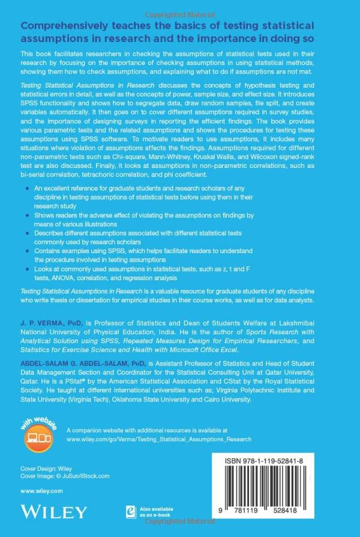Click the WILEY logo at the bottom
[53, 511]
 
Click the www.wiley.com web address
[41, 490]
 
